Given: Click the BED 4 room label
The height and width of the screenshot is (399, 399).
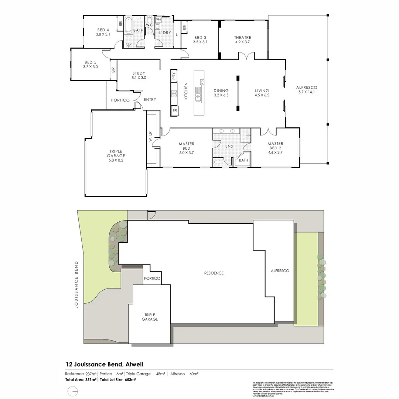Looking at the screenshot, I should pyautogui.click(x=103, y=30).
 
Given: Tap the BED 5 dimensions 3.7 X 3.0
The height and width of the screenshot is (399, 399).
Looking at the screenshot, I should pyautogui.click(x=91, y=67).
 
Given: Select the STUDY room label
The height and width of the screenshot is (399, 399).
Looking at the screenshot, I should pyautogui.click(x=139, y=73).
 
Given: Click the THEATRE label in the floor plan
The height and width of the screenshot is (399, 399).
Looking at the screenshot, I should pyautogui.click(x=242, y=37).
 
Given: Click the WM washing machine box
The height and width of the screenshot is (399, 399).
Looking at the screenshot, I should pyautogui.click(x=158, y=19).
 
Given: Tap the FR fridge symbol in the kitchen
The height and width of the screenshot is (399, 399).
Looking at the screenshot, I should pyautogui.click(x=174, y=110).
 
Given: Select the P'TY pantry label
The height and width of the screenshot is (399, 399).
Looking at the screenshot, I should pyautogui.click(x=174, y=76).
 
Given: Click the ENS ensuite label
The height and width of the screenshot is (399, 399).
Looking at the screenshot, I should pyautogui.click(x=229, y=146).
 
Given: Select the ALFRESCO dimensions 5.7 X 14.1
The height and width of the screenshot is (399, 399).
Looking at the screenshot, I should pyautogui.click(x=307, y=92).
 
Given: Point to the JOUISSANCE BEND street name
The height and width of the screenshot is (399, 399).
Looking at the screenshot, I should pyautogui.click(x=76, y=284).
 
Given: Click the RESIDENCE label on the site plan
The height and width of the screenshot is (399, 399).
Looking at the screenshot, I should pyautogui.click(x=214, y=273).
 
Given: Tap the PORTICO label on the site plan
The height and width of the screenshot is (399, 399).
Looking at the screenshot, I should pyautogui.click(x=152, y=279).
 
